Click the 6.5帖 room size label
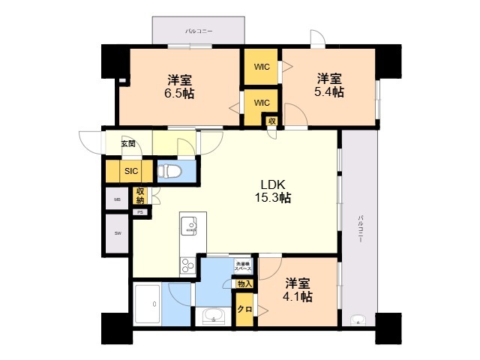click(180, 94)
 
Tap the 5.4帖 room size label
click(329, 92)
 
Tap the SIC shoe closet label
click(131, 171)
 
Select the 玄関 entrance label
click(127, 143)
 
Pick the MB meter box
click(117, 199)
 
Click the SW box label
click(117, 233)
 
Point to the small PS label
click(139, 212)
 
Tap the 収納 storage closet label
click(139, 196)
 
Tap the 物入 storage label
click(244, 283)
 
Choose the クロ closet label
click(244, 309)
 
